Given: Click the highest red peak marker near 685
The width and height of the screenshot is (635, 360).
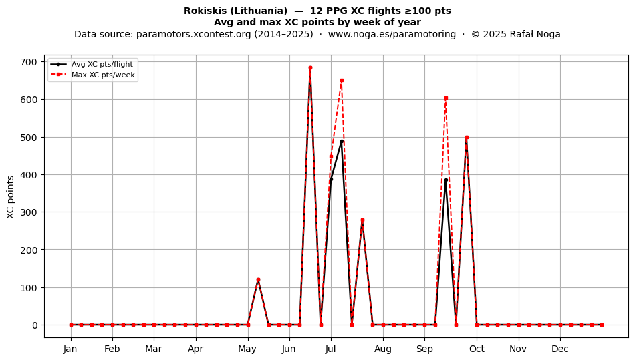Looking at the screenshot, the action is (310, 68).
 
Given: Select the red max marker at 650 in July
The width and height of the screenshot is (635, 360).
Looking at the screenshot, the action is (342, 81).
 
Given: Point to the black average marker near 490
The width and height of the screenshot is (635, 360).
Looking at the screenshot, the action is (342, 141).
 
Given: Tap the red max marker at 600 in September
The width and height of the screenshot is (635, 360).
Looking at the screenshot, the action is (446, 98).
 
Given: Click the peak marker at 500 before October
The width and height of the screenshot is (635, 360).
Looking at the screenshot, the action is (467, 138).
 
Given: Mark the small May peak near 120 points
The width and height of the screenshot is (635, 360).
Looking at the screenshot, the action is (259, 279).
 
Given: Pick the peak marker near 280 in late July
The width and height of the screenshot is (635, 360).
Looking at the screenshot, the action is (362, 220).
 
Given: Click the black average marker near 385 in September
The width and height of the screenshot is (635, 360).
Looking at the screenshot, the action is (446, 180).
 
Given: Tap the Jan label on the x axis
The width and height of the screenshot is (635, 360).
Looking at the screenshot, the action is (70, 349).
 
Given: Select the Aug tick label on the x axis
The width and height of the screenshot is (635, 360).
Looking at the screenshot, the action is (383, 349).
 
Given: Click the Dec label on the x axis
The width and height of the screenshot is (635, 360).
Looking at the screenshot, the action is (560, 349).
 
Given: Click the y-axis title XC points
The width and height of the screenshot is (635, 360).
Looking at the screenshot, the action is (11, 197).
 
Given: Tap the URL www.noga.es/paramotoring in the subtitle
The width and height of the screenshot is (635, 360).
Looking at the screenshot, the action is (392, 34).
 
